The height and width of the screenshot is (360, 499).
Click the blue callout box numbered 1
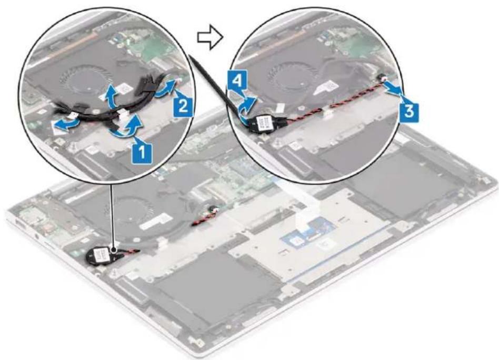pos(142,152)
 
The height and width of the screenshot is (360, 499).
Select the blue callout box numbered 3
pos(408,111)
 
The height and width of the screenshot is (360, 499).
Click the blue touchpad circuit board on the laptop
pos(307,232)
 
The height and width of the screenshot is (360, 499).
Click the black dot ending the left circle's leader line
pos(113,247)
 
